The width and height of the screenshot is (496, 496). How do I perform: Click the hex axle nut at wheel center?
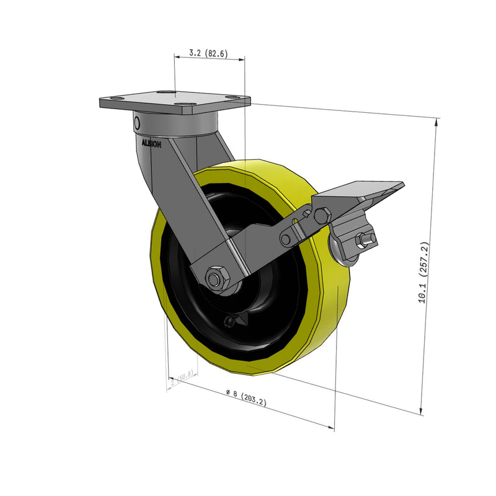click(x=216, y=278)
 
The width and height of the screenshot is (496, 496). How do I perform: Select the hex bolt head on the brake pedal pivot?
click(x=322, y=216)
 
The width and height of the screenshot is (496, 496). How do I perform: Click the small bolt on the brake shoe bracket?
click(x=364, y=240)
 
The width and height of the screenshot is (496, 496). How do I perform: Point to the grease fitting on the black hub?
click(x=232, y=321)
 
